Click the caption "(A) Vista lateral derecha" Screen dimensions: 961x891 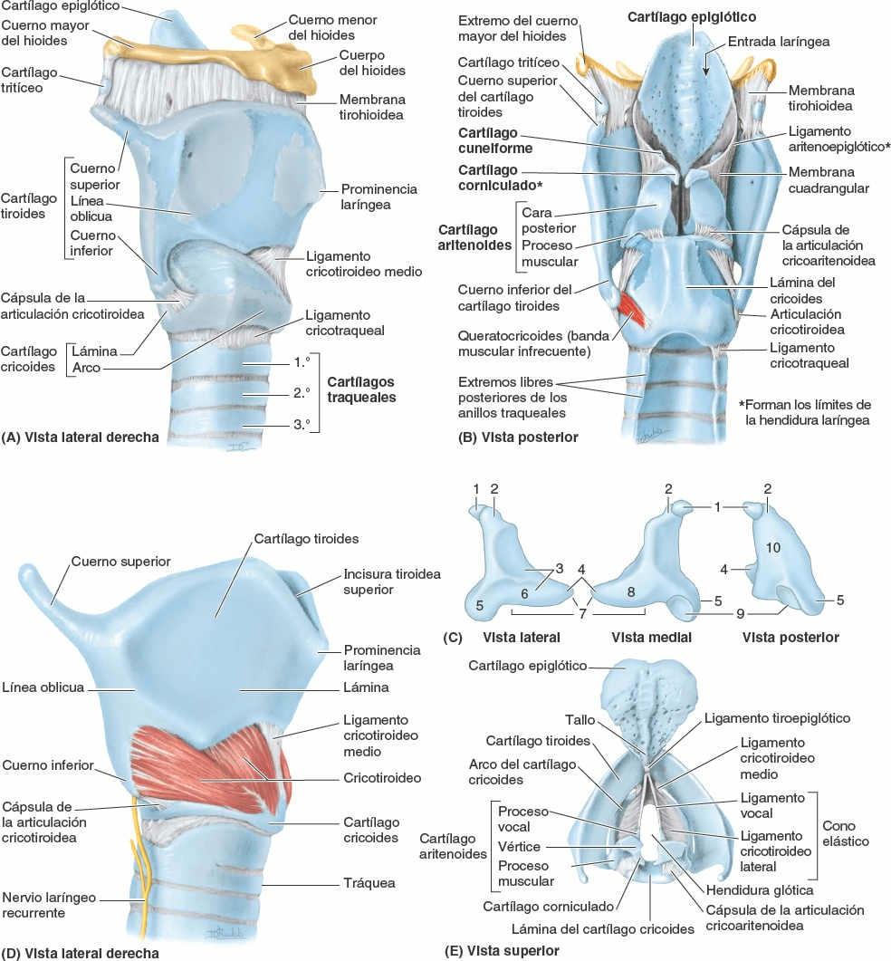81,437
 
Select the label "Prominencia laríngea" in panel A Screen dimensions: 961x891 378,197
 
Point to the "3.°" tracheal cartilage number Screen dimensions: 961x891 301,422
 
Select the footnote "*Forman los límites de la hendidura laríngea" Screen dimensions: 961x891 804,412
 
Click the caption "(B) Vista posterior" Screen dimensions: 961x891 519,437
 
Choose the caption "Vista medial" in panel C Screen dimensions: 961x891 651,637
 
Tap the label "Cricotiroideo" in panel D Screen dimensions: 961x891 381,777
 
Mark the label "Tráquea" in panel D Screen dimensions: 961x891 369,882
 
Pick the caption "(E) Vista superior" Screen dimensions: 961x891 502,951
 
